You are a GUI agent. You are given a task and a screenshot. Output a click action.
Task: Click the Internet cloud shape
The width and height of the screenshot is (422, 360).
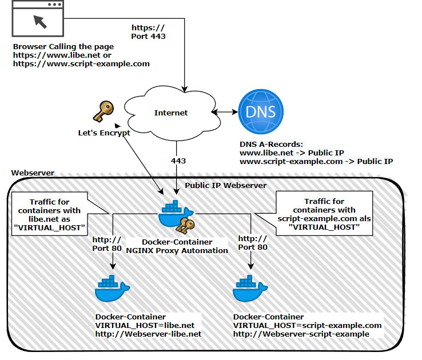[x=170, y=113]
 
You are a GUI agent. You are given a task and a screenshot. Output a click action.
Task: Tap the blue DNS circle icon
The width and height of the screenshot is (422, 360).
[x=260, y=111]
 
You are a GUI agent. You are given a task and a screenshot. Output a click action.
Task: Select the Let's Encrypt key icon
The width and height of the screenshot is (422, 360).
[x=104, y=112]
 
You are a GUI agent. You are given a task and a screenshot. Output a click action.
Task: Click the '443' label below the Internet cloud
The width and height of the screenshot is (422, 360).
[x=178, y=161]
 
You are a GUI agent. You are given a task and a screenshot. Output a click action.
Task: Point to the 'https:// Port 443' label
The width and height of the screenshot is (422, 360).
[x=149, y=32]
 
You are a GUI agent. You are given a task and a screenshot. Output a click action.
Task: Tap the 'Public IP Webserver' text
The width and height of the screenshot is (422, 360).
[x=225, y=185]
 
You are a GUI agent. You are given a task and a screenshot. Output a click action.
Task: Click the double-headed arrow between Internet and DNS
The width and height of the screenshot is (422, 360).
[x=226, y=112]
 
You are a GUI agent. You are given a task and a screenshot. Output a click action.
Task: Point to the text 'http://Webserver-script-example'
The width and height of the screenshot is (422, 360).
[x=301, y=334]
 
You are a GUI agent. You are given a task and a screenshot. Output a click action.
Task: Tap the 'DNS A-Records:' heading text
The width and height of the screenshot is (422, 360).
[x=270, y=145]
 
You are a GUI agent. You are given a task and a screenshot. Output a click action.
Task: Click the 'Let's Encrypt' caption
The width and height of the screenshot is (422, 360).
[x=104, y=133]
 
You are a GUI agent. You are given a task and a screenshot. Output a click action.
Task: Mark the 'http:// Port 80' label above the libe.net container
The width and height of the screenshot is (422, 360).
[x=107, y=242]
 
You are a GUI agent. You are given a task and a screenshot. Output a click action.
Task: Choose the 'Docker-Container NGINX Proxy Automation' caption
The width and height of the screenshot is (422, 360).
[x=177, y=246]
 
